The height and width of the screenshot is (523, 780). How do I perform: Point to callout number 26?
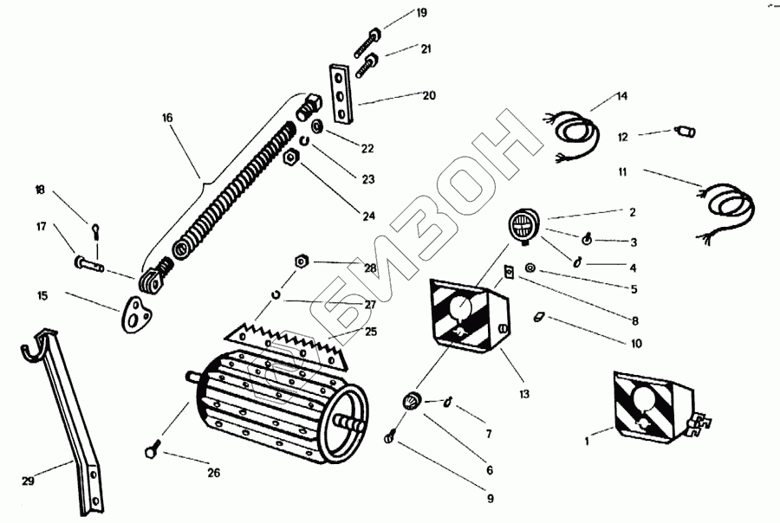pyautogui.click(x=213, y=473)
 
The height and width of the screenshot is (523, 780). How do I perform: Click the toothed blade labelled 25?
pyautogui.click(x=290, y=342)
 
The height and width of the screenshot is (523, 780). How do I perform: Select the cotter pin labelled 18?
pyautogui.click(x=95, y=231)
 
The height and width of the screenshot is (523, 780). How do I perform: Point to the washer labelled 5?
pyautogui.click(x=530, y=271)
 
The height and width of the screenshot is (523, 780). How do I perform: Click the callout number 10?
pyautogui.click(x=636, y=344)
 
